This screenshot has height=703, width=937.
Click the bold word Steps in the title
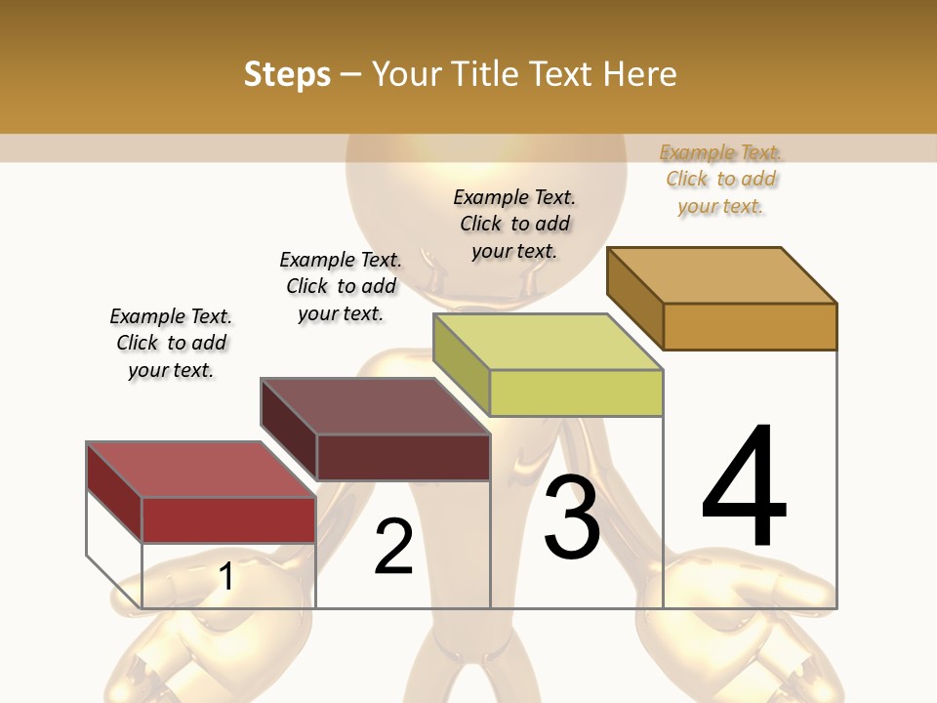click(x=287, y=75)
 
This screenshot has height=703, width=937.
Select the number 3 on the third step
click(x=572, y=517)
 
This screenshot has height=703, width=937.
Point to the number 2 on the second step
click(x=394, y=547)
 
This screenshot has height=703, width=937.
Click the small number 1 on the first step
click(x=226, y=577)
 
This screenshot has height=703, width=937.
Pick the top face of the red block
click(x=201, y=469)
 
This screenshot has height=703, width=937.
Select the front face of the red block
click(x=229, y=519)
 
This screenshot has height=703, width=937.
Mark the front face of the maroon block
click(x=403, y=457)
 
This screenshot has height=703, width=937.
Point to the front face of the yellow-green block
click(x=577, y=393)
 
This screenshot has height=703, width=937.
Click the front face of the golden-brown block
click(x=751, y=326)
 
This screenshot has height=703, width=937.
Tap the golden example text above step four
click(x=720, y=179)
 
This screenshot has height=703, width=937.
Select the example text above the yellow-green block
click(x=514, y=224)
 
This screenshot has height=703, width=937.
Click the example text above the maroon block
click(x=341, y=286)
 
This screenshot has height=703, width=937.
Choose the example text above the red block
click(x=171, y=343)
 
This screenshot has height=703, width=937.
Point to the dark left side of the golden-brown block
click(x=635, y=298)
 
